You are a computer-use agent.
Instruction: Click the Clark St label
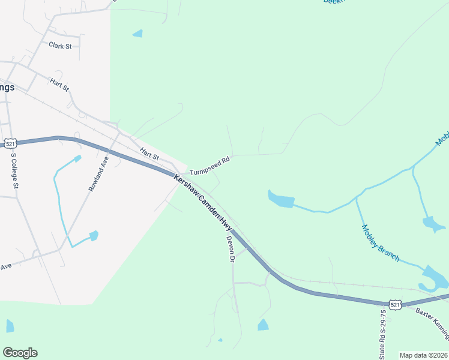[x=60, y=46]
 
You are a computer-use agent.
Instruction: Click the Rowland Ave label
[x=98, y=173]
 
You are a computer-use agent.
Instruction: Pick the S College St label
[x=14, y=172]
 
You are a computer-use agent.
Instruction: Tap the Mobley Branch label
[x=381, y=243]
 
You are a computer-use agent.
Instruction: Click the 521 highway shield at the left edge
[x=10, y=143]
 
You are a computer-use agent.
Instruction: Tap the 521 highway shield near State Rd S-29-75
[x=394, y=305]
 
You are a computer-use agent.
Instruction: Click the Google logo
[x=20, y=353]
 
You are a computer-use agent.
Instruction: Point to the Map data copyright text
[x=423, y=355]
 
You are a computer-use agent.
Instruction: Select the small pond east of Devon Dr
[x=263, y=325]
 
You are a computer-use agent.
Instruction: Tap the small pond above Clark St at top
[x=138, y=34]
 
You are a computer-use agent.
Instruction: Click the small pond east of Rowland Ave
[x=93, y=236]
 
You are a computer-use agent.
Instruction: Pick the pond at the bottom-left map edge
[x=10, y=326]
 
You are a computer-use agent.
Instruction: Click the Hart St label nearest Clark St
[x=60, y=85]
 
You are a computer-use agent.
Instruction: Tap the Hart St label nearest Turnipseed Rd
[x=149, y=154]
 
